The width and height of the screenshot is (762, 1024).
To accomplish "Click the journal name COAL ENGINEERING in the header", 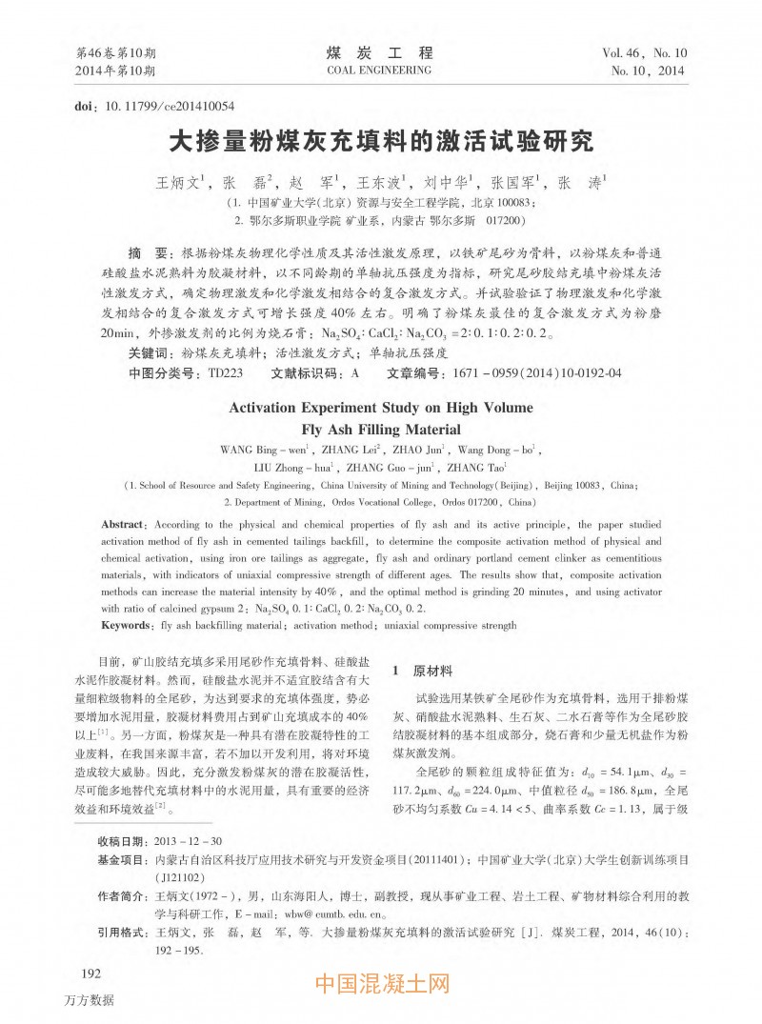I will coord(378,70).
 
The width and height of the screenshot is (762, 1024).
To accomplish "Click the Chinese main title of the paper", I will coord(380,141).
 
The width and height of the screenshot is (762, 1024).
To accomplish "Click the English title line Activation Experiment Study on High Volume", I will coord(381,408).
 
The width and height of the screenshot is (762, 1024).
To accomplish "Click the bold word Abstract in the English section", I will coord(123,525).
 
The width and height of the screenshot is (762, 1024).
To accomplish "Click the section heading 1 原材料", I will coord(423,671).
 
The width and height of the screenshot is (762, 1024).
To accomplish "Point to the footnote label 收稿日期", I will coord(121,841).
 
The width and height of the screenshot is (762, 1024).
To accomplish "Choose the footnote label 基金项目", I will coord(121,859).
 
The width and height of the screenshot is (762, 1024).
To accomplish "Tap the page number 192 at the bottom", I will coord(92,973).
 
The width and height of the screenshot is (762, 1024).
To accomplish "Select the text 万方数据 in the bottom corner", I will coord(90,999).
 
